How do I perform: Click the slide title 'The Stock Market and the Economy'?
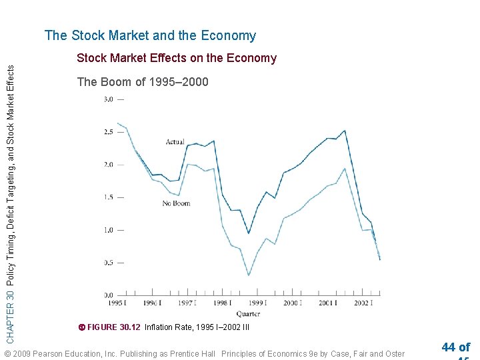pos(150,36)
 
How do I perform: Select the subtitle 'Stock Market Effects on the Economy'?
pos(177,58)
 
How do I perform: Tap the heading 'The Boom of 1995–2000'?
pos(143,82)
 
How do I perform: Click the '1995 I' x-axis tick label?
pos(117,303)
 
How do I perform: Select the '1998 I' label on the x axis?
pos(222,303)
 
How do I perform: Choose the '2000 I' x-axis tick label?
pos(291,303)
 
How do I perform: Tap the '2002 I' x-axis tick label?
pos(362,303)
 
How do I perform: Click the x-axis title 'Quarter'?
pos(247,314)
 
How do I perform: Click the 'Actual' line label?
pos(175,142)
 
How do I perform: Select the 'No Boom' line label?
pos(176,203)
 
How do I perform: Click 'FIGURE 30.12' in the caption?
pos(114,327)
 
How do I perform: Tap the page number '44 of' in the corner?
pos(455,347)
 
